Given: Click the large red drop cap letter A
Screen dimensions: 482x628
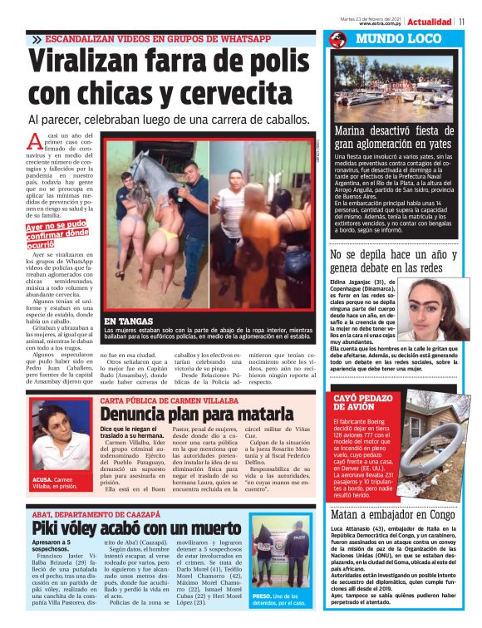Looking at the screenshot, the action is tap(35, 142).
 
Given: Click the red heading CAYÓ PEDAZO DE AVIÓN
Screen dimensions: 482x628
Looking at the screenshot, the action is tap(366, 405).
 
